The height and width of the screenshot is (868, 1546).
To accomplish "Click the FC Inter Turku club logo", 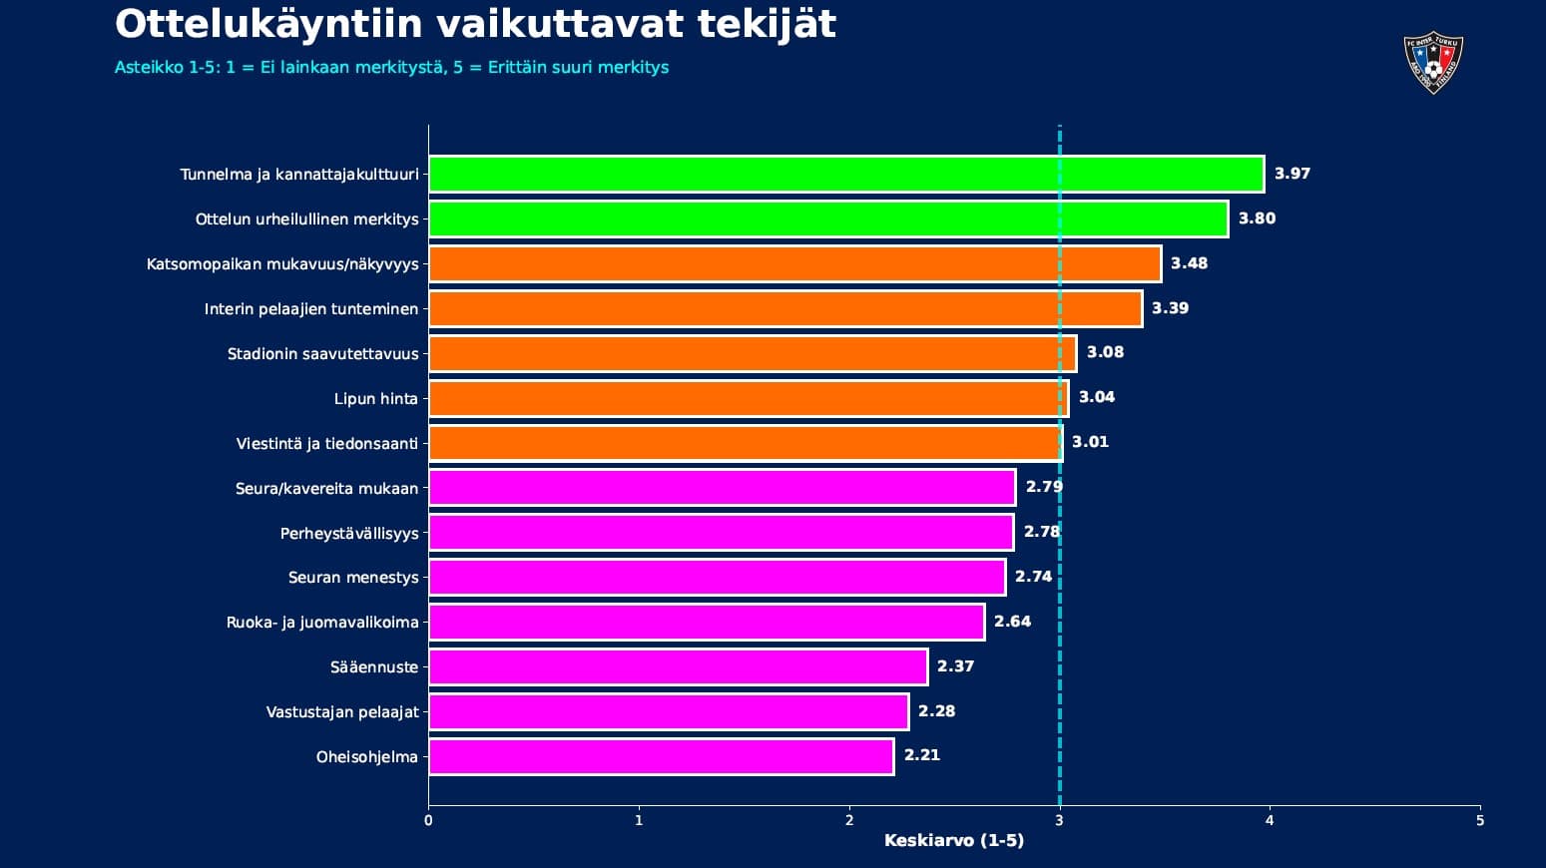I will (x=1432, y=64).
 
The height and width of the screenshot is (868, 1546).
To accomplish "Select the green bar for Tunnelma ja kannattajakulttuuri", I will (x=846, y=175).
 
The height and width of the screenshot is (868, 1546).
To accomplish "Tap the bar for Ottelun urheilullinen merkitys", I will (x=828, y=219).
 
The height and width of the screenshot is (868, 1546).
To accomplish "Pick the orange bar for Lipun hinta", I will (x=749, y=399).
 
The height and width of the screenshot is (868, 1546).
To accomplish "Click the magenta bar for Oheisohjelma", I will (x=661, y=756).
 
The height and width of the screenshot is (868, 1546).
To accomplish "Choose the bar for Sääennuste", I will (x=678, y=666).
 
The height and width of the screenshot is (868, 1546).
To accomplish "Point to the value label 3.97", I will (x=1291, y=174).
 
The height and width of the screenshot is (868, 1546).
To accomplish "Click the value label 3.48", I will (x=1189, y=263).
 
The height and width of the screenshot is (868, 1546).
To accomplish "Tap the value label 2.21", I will (x=921, y=755).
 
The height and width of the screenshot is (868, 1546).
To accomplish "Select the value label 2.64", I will (x=1012, y=622).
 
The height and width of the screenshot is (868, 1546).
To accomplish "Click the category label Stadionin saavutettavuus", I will (x=322, y=354).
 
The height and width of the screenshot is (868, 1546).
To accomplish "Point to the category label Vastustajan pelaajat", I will (x=342, y=712).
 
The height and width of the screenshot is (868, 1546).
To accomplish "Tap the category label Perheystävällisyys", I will (x=349, y=534).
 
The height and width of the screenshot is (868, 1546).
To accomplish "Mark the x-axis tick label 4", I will (x=1270, y=821).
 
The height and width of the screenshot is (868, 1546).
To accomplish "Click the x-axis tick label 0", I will (x=428, y=821).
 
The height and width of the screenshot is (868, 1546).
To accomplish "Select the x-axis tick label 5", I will (x=1479, y=821).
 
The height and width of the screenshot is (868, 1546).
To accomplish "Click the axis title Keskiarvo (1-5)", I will (x=953, y=841).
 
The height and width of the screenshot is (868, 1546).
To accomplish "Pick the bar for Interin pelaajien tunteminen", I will (x=785, y=309).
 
